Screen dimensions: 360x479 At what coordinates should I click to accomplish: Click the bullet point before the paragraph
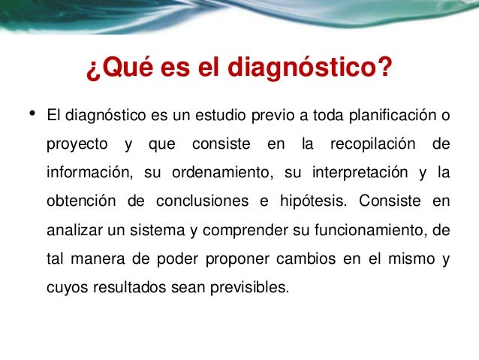tap(32, 114)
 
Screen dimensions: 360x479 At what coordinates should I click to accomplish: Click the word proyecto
tap(75, 144)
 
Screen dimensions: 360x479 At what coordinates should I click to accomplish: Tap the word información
tap(88, 173)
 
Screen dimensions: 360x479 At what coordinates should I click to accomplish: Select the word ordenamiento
tap(221, 173)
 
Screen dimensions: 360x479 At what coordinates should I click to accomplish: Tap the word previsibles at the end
tap(247, 286)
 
